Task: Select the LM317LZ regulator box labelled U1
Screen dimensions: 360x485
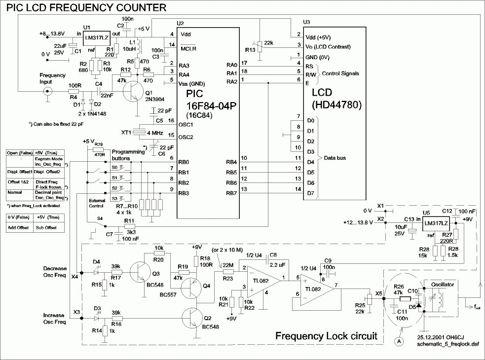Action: (96, 38)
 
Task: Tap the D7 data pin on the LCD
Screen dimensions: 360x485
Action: (310, 193)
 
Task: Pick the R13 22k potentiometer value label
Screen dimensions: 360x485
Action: (268, 43)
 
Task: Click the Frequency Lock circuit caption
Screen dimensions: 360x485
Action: (326, 336)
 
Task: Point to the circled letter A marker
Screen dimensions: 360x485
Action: (397, 340)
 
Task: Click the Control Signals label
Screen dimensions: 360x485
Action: (341, 73)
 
